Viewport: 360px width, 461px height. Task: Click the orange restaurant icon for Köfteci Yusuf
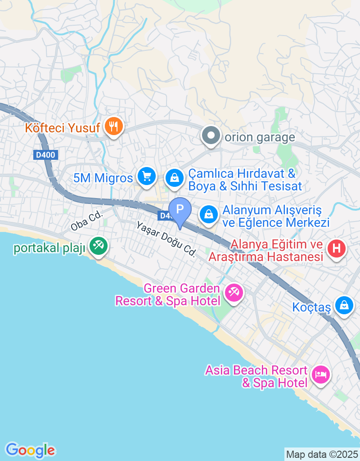pyautogui.click(x=113, y=127)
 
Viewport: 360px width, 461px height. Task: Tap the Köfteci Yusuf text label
pyautogui.click(x=62, y=127)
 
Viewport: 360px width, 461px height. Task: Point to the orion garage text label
pyautogui.click(x=260, y=137)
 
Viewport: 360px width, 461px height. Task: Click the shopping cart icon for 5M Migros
pyautogui.click(x=146, y=176)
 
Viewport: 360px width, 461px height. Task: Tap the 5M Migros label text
pyautogui.click(x=103, y=178)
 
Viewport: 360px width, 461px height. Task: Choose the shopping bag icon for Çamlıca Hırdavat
pyautogui.click(x=174, y=178)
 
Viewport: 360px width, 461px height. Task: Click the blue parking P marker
pyautogui.click(x=180, y=210)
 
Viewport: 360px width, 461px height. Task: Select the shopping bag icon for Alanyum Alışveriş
pyautogui.click(x=209, y=214)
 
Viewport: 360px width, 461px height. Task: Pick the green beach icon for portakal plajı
pyautogui.click(x=98, y=245)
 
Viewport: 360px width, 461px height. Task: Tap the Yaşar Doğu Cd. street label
pyautogui.click(x=166, y=239)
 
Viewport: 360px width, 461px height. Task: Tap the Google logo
pyautogui.click(x=31, y=450)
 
